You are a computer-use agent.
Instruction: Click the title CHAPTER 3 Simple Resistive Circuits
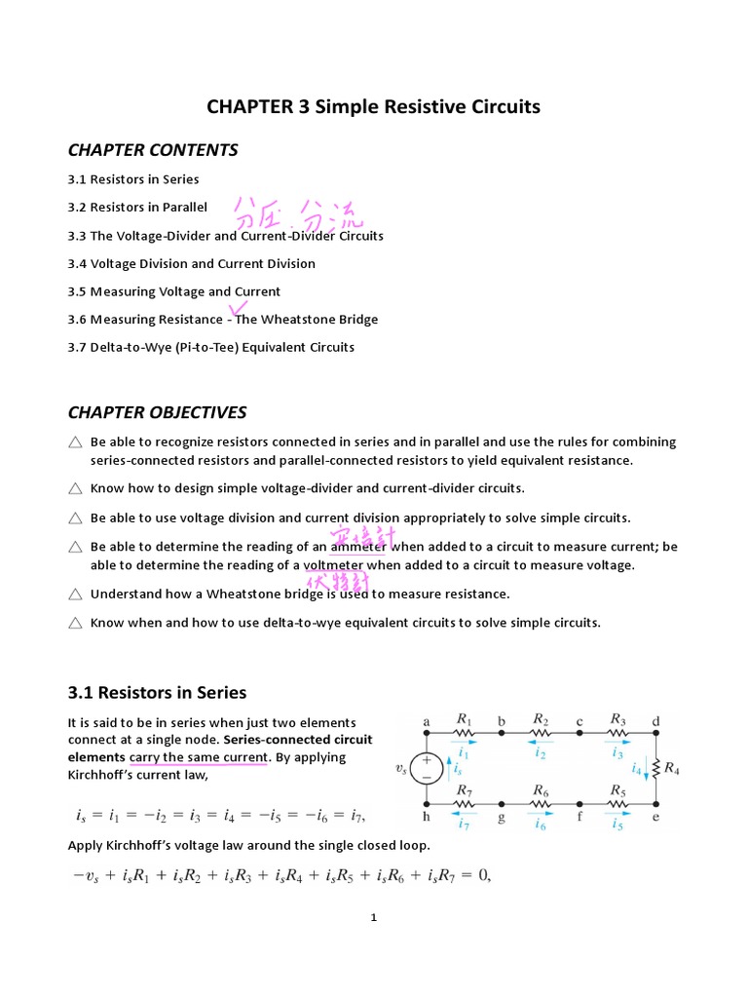click(x=373, y=106)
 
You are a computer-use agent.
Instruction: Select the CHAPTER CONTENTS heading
click(x=153, y=150)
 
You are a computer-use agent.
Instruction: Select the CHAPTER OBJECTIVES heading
click(x=157, y=412)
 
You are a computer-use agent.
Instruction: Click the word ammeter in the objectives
click(x=358, y=547)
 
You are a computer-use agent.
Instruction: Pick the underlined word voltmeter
click(x=333, y=565)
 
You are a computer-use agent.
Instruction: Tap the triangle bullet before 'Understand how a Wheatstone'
click(x=76, y=594)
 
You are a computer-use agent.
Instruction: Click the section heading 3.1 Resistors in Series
click(x=157, y=693)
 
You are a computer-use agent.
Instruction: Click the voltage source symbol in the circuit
click(x=426, y=768)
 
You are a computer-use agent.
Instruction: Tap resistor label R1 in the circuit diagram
click(x=465, y=719)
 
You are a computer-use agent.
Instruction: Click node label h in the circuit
click(x=426, y=818)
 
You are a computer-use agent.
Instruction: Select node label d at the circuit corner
click(x=655, y=722)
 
